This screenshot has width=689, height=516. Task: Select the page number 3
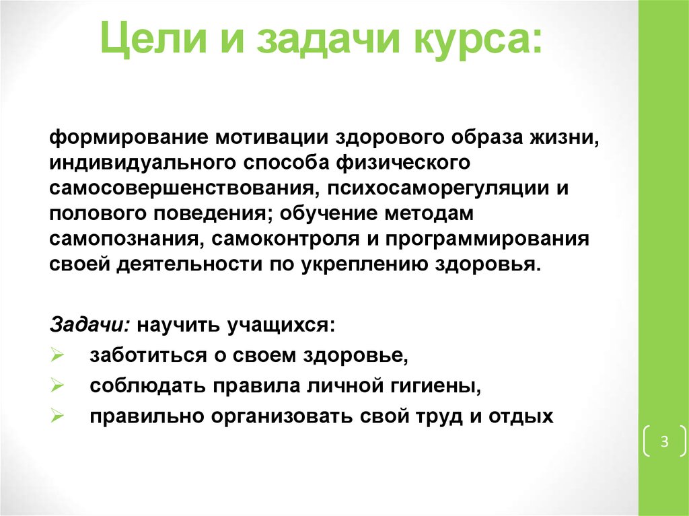pos(664,441)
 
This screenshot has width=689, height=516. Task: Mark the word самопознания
pos(122,238)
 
